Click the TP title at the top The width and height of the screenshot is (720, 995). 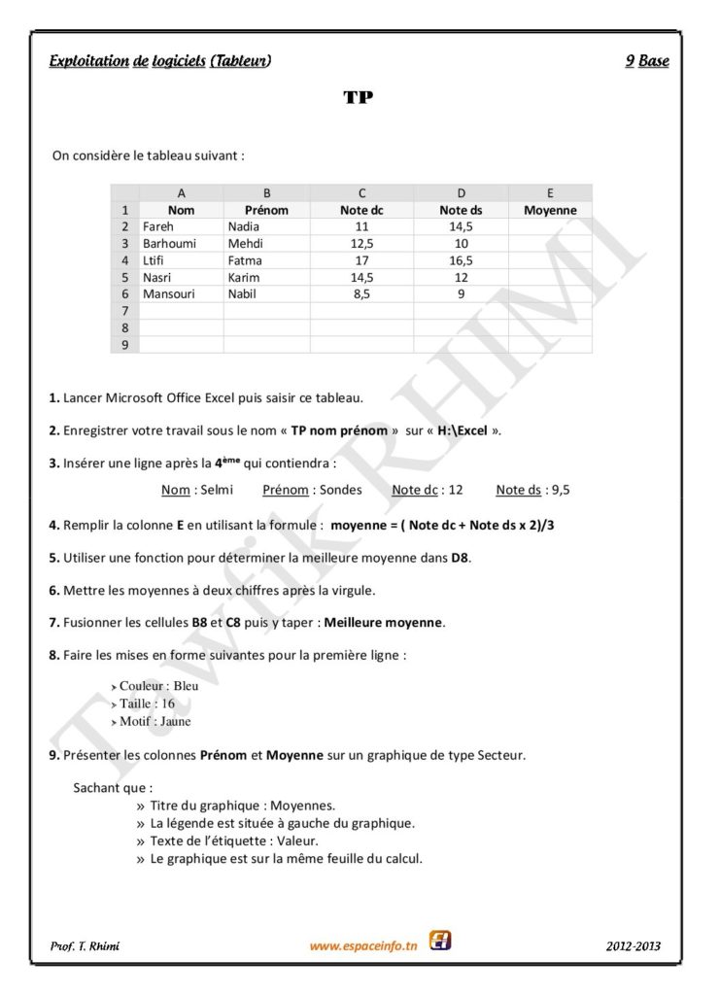coord(359,97)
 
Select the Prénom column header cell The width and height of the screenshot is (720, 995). coord(266,210)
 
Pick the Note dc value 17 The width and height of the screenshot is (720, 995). coord(361,260)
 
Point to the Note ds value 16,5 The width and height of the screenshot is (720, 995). coord(461,260)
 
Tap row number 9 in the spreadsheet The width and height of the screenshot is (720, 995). coord(125,344)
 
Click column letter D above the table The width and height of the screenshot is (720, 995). coord(461,193)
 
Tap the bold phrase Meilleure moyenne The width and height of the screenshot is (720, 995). coord(384,621)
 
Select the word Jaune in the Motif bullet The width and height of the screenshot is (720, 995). coord(176,721)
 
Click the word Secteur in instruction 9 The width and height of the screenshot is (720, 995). coord(501,755)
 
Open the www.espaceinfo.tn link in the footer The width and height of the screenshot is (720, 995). coord(363,945)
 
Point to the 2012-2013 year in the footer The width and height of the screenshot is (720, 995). coord(635,945)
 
